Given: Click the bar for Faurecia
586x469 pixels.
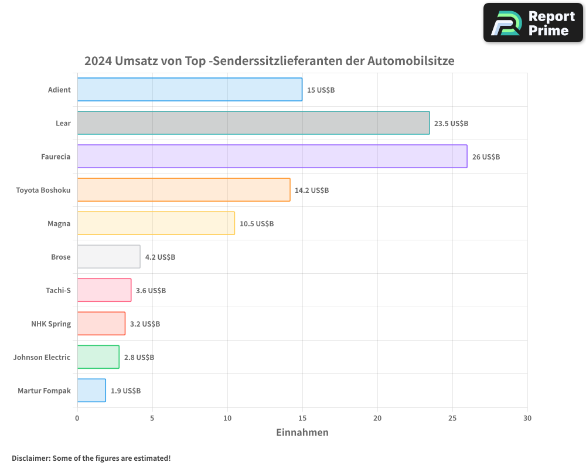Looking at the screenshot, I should [272, 157].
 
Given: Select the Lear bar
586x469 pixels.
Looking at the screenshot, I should [253, 123].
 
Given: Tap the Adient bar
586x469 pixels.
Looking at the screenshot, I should [189, 90].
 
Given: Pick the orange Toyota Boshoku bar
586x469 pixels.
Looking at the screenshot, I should [183, 190].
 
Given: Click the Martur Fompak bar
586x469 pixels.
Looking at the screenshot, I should [91, 390].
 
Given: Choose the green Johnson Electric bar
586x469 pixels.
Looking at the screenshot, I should [98, 357].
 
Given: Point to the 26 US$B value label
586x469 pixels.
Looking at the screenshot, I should [486, 157].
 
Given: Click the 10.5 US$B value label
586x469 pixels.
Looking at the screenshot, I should [257, 224].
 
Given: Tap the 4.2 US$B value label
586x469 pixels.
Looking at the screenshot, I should [160, 257].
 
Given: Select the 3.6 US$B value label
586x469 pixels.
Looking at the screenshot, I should [151, 291].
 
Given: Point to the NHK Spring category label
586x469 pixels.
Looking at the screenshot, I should [51, 324].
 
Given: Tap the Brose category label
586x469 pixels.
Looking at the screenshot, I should [61, 257].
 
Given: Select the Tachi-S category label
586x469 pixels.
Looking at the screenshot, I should [58, 290].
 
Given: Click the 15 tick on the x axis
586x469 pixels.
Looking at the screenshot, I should [302, 418].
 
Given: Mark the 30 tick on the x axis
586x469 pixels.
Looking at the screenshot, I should [527, 418].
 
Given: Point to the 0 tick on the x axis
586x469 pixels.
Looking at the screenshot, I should [77, 418].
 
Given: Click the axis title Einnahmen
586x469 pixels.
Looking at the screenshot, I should [302, 433].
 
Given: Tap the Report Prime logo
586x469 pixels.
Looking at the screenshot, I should [533, 23].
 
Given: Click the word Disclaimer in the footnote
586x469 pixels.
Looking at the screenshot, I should [30, 458].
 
